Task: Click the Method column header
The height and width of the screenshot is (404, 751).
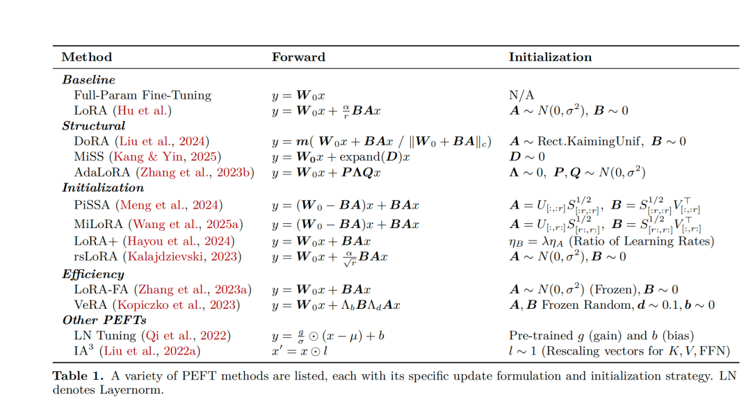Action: point(86,57)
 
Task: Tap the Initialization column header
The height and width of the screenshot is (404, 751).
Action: point(550,57)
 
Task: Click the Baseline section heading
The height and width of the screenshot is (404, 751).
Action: point(88,80)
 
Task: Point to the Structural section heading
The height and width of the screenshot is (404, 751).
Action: point(94,126)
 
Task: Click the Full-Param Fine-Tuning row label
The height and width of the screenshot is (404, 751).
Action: point(143,95)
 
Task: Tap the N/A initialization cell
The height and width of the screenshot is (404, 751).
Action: point(521,95)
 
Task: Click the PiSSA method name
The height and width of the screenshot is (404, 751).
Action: point(91,205)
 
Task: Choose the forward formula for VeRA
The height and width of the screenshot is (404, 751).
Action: point(336,305)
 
